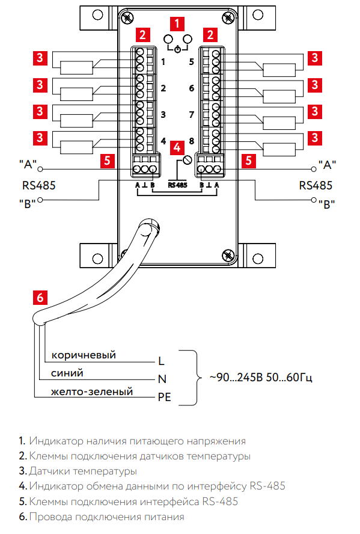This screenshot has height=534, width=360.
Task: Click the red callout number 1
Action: tap(177, 24)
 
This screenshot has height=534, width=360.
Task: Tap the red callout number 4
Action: tap(177, 147)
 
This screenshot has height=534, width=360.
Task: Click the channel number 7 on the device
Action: tap(192, 115)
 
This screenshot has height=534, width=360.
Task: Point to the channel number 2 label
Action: tap(163, 88)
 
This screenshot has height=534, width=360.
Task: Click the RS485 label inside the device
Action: tap(178, 185)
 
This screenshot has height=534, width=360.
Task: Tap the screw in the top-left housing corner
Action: tap(127, 17)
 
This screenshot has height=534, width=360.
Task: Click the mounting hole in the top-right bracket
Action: tap(258, 14)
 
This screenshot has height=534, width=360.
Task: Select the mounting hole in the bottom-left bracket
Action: tap(97, 259)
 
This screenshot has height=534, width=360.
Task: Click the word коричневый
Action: tap(84, 355)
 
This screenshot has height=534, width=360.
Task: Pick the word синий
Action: tap(67, 373)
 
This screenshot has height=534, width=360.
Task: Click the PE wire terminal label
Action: tap(164, 397)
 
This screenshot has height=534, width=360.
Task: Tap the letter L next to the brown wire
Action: tap(161, 361)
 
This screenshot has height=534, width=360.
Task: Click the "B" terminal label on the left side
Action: tap(27, 204)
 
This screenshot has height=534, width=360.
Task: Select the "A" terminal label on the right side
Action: tap(327, 165)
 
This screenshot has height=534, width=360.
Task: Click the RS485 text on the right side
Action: tap(316, 185)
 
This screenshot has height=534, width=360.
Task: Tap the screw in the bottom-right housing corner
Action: tap(227, 256)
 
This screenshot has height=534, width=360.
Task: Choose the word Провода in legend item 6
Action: tap(50, 517)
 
